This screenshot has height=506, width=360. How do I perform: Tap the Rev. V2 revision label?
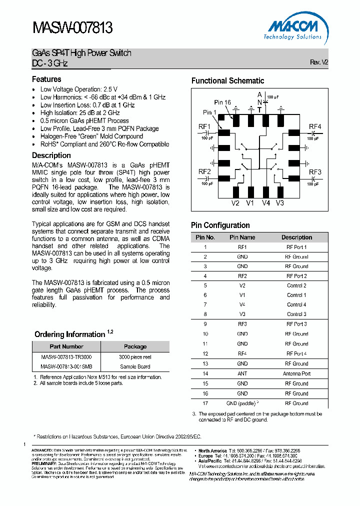[x=318, y=62]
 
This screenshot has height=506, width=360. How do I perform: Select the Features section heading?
[x=46, y=79]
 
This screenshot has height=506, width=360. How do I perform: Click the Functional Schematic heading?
[x=227, y=80]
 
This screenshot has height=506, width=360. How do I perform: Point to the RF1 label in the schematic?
[x=204, y=126]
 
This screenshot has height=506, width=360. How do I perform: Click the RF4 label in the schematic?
[x=315, y=126]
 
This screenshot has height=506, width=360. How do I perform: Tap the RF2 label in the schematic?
[x=204, y=171]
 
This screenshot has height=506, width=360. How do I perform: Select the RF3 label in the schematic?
[x=315, y=172]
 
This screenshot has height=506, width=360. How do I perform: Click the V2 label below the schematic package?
[x=235, y=203]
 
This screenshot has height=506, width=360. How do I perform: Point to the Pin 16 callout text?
[x=222, y=102]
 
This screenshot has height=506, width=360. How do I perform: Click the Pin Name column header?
[x=242, y=237]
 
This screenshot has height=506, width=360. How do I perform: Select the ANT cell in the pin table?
[x=242, y=373]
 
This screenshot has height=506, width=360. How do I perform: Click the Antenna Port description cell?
[x=296, y=373]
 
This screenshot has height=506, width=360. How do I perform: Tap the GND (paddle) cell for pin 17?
[x=242, y=403]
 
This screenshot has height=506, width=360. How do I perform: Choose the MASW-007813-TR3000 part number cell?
[x=66, y=357]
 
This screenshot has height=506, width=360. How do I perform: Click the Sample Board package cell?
[x=134, y=366]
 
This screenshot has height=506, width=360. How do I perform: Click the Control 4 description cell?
[x=296, y=304]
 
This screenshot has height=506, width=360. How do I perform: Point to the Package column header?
[x=135, y=346]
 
